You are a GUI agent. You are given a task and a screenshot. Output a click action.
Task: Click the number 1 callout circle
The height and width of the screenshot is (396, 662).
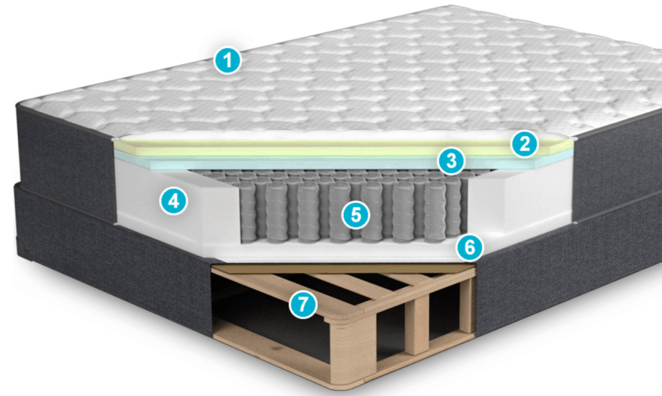227,60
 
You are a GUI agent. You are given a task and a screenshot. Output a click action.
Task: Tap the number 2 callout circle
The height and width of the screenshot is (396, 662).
525,144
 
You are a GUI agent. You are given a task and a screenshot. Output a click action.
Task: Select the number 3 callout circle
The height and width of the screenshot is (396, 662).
451,161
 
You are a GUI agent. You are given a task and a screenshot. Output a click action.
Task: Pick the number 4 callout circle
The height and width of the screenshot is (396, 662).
173,201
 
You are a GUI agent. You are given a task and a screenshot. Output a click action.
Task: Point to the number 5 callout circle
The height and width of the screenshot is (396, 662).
356,215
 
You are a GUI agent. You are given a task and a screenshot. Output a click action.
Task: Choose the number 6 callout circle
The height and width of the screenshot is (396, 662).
470,247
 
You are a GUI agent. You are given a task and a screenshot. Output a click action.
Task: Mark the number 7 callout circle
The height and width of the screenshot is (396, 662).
303,304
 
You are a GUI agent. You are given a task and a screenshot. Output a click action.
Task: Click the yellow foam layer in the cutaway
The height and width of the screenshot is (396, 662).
337,148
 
